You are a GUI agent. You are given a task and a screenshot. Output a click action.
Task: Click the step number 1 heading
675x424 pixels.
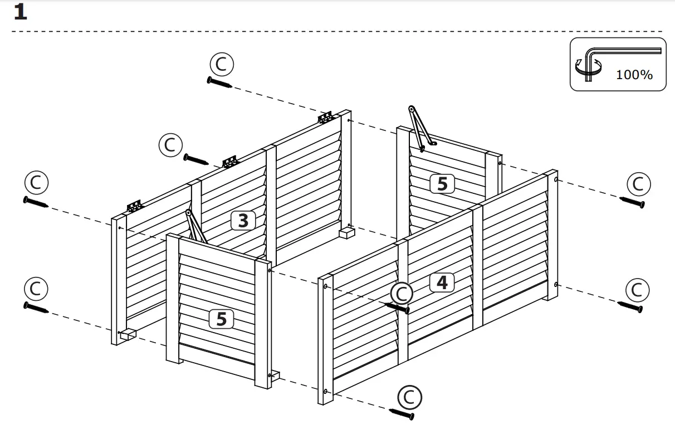[20, 12]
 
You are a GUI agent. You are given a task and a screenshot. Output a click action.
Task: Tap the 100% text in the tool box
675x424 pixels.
[634, 74]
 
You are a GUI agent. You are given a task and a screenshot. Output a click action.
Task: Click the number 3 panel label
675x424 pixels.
[243, 221]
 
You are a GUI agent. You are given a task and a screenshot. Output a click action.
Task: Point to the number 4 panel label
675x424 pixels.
[442, 283]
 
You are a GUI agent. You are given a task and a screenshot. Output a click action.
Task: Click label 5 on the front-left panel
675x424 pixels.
[221, 319]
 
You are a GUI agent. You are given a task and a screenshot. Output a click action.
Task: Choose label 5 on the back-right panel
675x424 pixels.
[442, 183]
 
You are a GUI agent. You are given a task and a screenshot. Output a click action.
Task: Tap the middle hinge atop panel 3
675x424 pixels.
[230, 162]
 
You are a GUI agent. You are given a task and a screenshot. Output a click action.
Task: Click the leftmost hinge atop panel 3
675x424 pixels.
[134, 207]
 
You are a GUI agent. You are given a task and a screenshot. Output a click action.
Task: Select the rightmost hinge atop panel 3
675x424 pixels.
[325, 118]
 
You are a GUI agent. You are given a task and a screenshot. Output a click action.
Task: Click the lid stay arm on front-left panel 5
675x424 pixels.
[195, 227]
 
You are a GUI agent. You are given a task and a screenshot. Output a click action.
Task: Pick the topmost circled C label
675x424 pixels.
[221, 65]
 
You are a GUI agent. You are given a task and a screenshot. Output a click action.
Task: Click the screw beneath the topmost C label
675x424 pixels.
[220, 83]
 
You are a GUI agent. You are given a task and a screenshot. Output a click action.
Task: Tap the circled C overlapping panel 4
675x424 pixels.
[402, 293]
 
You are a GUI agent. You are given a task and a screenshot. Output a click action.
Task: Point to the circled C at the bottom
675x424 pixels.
[410, 397]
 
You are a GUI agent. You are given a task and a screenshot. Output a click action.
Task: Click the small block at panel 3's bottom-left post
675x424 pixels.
[128, 334]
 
